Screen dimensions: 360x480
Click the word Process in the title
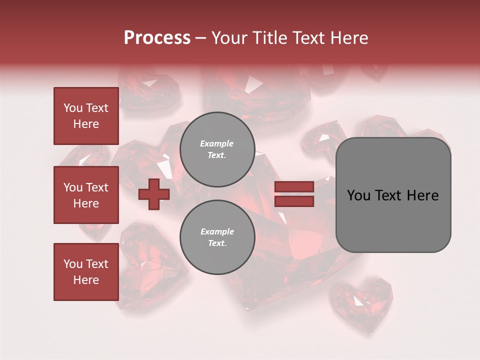click(x=157, y=38)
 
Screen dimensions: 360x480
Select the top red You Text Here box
click(x=86, y=116)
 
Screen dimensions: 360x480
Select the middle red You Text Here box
click(x=86, y=195)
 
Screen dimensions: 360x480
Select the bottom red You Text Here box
click(x=86, y=272)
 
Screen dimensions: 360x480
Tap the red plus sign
click(x=153, y=194)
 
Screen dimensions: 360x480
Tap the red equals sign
click(x=294, y=194)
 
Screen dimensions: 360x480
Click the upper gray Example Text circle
click(x=217, y=149)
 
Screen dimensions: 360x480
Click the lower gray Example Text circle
click(x=217, y=237)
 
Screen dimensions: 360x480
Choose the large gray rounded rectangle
click(x=393, y=195)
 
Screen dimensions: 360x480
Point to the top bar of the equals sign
click(x=294, y=186)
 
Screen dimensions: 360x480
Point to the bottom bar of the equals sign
click(x=294, y=201)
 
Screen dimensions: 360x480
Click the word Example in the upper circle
click(x=216, y=143)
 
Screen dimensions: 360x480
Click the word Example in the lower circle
click(x=217, y=231)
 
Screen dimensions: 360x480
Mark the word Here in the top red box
click(x=86, y=124)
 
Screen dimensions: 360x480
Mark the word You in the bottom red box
click(x=73, y=264)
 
